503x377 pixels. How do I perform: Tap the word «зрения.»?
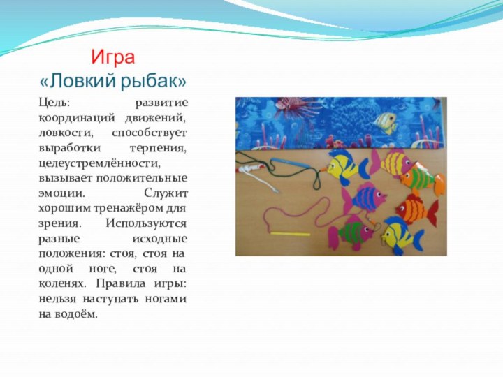coord(60,223)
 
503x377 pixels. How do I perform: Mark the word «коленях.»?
coord(62,283)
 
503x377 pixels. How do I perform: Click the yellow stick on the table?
coord(289,233)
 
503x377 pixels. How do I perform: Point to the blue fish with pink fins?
coord(366,199)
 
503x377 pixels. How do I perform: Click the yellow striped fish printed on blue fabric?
coord(384,122)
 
